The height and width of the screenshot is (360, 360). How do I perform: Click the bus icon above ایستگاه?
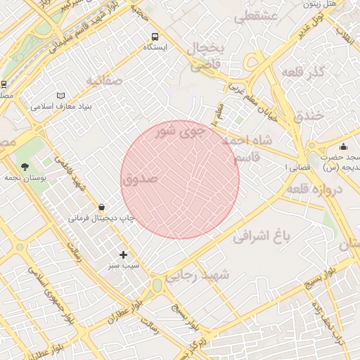click(155, 36)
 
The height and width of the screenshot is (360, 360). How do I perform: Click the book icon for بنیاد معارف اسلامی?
click(61, 96)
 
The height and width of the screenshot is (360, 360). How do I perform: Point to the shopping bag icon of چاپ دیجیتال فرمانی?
click(103, 207)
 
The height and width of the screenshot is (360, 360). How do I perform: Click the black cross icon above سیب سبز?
click(124, 255)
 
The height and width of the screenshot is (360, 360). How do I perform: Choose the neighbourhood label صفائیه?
click(104, 81)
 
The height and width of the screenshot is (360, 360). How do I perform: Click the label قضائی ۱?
click(294, 169)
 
